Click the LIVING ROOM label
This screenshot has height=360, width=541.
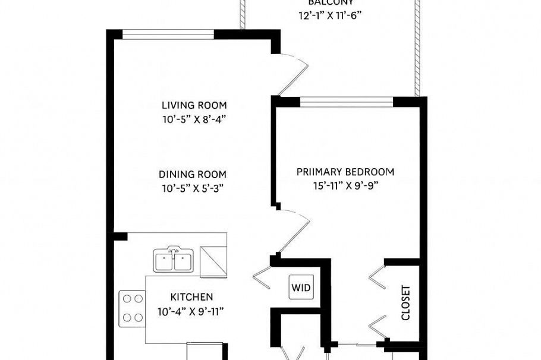pos(194,105)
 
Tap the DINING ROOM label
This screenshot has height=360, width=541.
pos(193,174)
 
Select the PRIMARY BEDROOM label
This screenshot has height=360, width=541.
pos(345,172)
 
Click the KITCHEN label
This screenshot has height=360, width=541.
pos(191,297)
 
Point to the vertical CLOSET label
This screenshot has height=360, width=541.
pos(405,303)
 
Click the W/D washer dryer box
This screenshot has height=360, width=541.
pos(300,288)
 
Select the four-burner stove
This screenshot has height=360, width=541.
pos(132,308)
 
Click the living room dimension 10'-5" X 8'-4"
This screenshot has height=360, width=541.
pos(194,118)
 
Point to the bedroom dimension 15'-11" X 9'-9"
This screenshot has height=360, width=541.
pos(345,185)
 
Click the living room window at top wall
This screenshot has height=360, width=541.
pos(168,34)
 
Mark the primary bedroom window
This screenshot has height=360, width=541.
pos(346,102)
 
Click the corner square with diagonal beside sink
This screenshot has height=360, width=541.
pos(213,261)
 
